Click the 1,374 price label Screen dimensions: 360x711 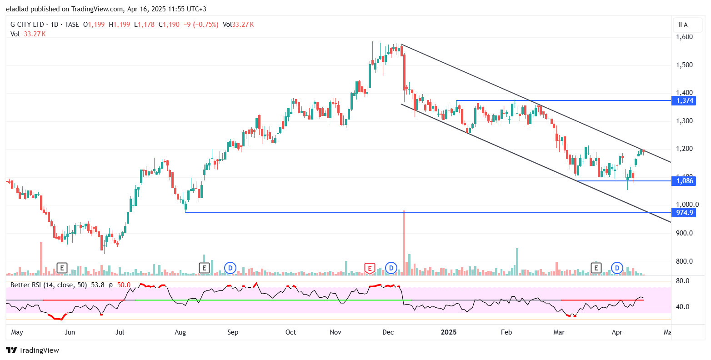pyautogui.click(x=685, y=100)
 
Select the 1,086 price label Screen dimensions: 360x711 pyautogui.click(x=685, y=181)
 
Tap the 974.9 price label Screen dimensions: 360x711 pyautogui.click(x=685, y=212)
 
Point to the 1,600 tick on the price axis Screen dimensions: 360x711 pyautogui.click(x=684, y=37)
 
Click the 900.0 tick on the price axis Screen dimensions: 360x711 pyautogui.click(x=684, y=233)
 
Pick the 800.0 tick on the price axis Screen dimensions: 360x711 pyautogui.click(x=684, y=261)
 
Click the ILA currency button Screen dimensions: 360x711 pyautogui.click(x=683, y=25)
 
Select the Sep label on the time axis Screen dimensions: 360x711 pyautogui.click(x=233, y=332)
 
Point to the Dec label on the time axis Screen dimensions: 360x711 pyautogui.click(x=388, y=332)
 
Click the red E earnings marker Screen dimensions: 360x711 pyautogui.click(x=370, y=268)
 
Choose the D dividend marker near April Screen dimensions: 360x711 pyautogui.click(x=617, y=268)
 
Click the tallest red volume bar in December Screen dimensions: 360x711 pyautogui.click(x=404, y=243)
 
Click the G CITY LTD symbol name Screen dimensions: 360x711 pyautogui.click(x=28, y=25)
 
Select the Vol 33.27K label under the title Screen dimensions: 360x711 pyautogui.click(x=28, y=34)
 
